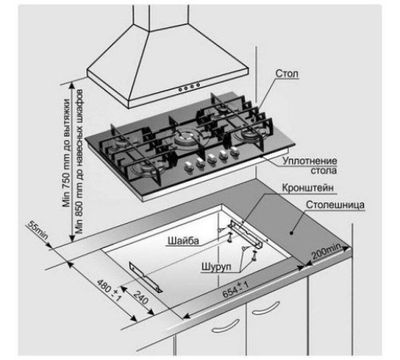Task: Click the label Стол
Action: [x=286, y=74]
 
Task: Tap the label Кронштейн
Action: [x=308, y=188]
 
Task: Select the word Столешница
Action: [x=335, y=205]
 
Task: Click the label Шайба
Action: [x=183, y=241]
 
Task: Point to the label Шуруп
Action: [x=216, y=266]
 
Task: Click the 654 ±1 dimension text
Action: [x=235, y=290]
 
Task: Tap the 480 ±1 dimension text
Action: [x=109, y=290]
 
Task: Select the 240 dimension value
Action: [x=141, y=298]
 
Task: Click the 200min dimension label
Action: [x=326, y=251]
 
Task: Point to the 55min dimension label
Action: [x=38, y=230]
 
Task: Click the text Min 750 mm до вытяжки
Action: [x=66, y=153]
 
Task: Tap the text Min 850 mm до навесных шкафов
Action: [x=79, y=162]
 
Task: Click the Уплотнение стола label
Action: [x=310, y=166]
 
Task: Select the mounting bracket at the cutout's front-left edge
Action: [x=146, y=278]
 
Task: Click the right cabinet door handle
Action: [x=266, y=308]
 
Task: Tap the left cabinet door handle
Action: [x=226, y=326]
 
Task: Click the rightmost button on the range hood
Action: [x=198, y=85]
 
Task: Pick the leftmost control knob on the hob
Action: [x=189, y=166]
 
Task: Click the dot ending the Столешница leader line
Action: [x=292, y=233]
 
